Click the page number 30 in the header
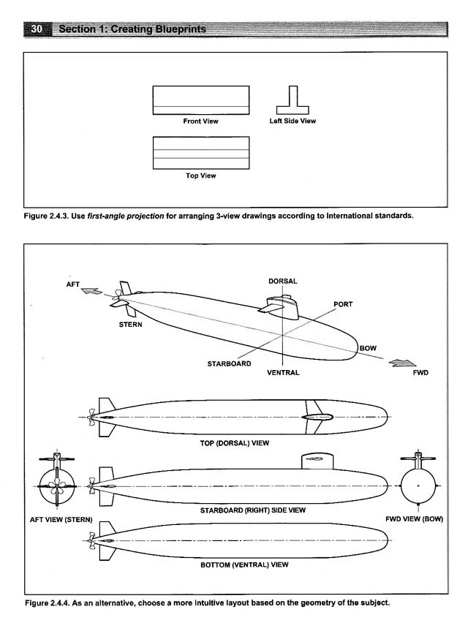coord(37,29)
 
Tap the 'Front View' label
coord(200,121)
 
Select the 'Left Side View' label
coord(292,121)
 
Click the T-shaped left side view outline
coord(292,105)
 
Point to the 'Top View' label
coord(200,175)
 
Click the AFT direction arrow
coord(91,291)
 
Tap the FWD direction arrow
coord(402,363)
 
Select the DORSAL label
coord(282,282)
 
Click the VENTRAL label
coord(283,373)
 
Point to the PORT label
coord(343,304)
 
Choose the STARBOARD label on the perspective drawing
coord(229,363)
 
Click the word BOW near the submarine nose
coord(368,349)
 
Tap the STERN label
coord(130,325)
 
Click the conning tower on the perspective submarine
coord(283,306)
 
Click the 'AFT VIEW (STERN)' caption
coord(61,520)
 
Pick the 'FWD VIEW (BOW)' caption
coord(414,518)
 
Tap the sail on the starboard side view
coord(317,461)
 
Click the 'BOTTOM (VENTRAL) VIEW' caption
coord(244,565)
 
